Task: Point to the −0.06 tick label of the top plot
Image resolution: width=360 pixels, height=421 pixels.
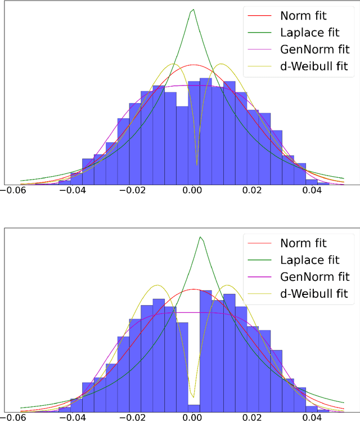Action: point(15,191)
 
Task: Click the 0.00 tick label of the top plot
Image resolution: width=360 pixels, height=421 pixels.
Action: point(193,191)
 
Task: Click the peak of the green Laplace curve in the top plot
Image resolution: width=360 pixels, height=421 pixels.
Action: point(193,10)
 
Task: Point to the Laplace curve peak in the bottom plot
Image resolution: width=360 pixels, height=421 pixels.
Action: point(201,237)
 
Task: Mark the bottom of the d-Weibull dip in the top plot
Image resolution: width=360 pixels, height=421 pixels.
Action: point(196,164)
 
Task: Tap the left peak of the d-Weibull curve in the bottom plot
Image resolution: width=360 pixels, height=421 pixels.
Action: point(158,285)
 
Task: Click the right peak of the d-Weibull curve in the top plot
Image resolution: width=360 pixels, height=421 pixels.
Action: point(220,64)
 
